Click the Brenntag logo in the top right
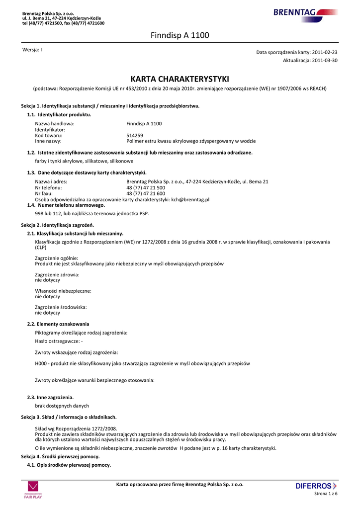click(305, 13)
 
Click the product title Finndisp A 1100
click(180, 35)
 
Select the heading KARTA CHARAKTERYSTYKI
click(180, 79)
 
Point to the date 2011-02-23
click(325, 52)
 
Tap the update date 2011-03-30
click(325, 60)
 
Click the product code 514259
click(135, 135)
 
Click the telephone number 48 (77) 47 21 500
click(146, 188)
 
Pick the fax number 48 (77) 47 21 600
click(146, 193)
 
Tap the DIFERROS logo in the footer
click(316, 486)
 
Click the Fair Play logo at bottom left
click(33, 490)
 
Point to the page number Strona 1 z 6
click(326, 494)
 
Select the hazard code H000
click(41, 363)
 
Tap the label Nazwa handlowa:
click(55, 124)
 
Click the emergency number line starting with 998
click(92, 213)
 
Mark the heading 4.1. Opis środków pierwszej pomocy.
click(69, 465)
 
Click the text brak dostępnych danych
click(62, 406)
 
